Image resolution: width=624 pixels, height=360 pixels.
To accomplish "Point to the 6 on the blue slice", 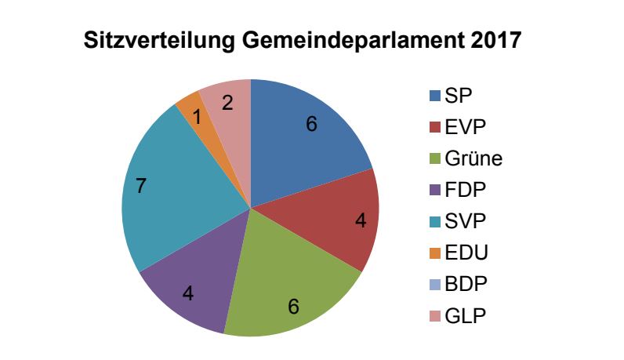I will click(311, 124).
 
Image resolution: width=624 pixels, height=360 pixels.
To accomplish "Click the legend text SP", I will click(458, 96).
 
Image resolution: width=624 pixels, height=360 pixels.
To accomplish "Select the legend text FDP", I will click(464, 191).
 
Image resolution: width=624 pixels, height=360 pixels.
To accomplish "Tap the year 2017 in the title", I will click(495, 41).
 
